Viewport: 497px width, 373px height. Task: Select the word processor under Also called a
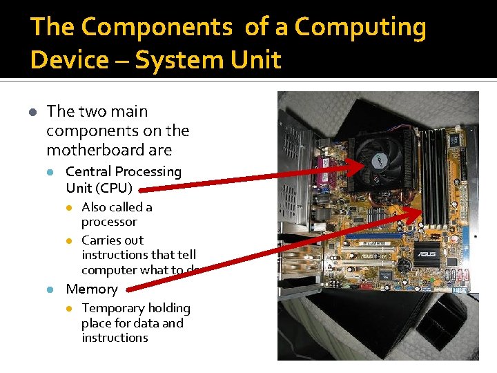(109, 222)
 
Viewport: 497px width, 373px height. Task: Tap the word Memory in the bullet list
(92, 289)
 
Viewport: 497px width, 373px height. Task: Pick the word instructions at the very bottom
(115, 338)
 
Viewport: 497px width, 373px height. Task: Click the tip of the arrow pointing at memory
(420, 209)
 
